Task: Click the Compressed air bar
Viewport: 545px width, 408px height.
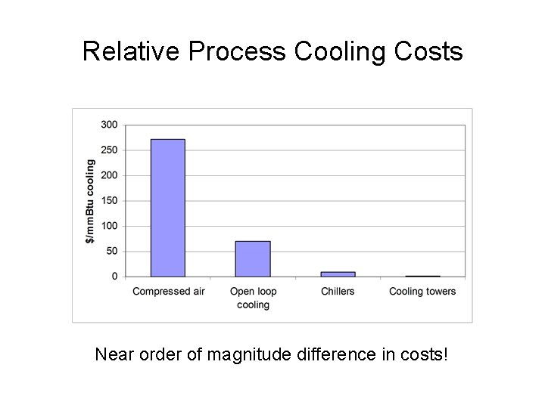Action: tap(167, 208)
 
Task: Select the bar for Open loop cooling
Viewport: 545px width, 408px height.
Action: tap(252, 258)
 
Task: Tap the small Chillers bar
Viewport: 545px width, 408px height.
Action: tap(338, 274)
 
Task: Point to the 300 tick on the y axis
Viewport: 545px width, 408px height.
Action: tap(110, 125)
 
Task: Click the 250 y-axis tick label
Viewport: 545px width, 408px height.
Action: tap(110, 150)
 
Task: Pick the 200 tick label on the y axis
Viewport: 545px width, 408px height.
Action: tap(110, 175)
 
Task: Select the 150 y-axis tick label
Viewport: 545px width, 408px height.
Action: tap(110, 201)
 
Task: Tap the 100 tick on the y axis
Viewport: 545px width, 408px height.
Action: tap(110, 226)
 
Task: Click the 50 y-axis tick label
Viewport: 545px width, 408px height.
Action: tap(112, 252)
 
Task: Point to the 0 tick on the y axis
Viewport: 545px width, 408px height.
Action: tap(115, 277)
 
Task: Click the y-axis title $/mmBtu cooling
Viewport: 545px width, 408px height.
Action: tap(90, 201)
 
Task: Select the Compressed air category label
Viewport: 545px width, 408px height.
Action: tap(167, 292)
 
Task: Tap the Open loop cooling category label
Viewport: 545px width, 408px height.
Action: tap(253, 298)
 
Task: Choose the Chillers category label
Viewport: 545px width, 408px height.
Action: tap(338, 292)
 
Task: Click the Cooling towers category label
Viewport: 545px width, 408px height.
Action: tap(422, 292)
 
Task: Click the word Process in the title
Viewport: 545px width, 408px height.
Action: tap(238, 51)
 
